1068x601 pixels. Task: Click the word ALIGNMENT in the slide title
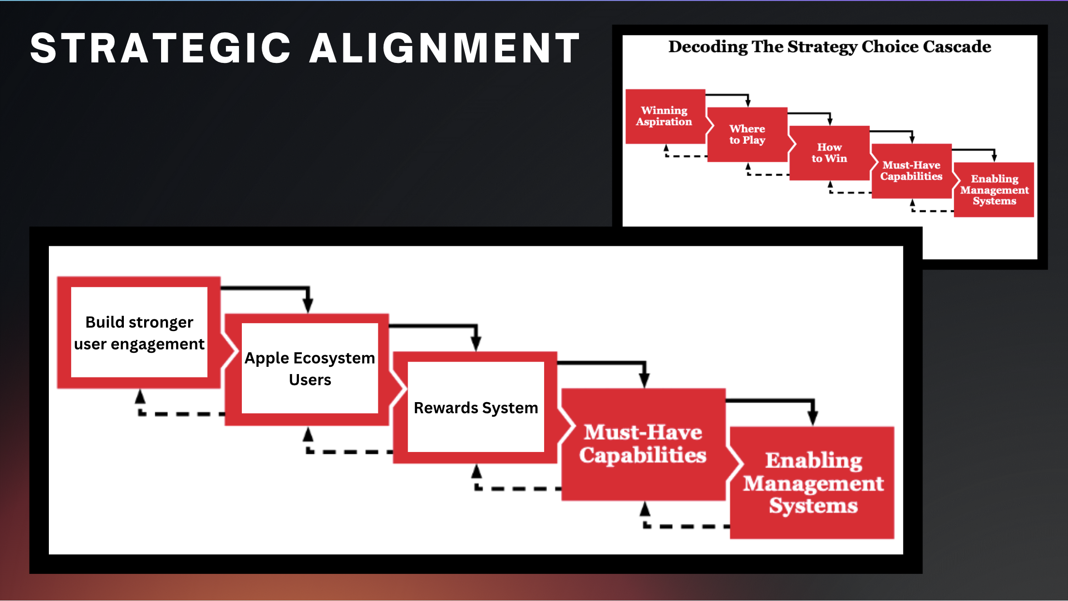tap(445, 48)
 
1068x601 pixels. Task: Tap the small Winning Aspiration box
tap(665, 116)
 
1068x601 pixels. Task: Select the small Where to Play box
tap(747, 135)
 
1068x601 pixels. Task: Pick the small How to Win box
tap(830, 153)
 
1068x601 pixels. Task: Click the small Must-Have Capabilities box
tap(911, 171)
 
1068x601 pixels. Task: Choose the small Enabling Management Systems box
tap(994, 190)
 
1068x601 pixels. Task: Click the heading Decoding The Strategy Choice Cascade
tap(830, 46)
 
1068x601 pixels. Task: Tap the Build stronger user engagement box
tap(139, 332)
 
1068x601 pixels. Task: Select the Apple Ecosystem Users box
tap(310, 368)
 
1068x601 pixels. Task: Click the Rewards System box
tap(476, 407)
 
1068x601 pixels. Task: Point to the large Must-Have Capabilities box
tap(643, 444)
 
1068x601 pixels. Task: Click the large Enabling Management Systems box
tap(813, 482)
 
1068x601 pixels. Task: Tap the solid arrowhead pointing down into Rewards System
tap(476, 344)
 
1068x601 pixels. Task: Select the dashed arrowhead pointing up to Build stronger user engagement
tap(140, 397)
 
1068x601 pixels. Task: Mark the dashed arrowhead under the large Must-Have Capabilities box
tap(645, 509)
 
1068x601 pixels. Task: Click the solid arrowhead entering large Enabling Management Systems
tap(813, 417)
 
